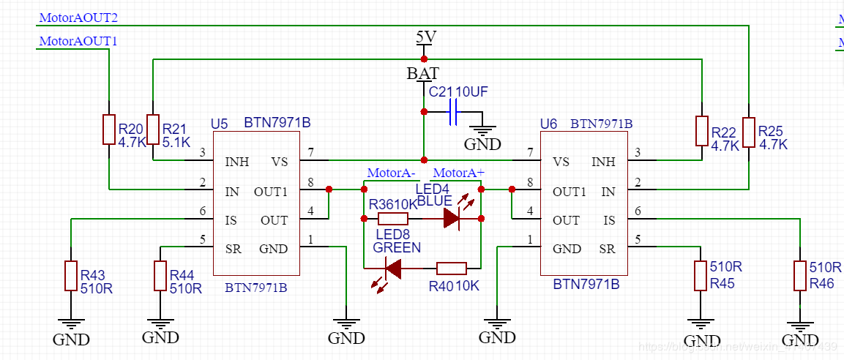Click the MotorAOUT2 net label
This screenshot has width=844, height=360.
78,17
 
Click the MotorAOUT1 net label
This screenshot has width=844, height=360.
78,42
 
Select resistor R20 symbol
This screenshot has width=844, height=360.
108,130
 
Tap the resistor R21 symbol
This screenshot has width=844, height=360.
153,130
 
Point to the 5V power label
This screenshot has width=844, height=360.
425,37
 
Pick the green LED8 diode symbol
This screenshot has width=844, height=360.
393,269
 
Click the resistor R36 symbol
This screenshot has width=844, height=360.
393,218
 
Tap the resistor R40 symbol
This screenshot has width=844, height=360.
451,269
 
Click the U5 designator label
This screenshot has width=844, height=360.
220,123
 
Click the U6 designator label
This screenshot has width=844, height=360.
548,124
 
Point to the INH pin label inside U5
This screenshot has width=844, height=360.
236,162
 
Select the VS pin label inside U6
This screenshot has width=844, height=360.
561,162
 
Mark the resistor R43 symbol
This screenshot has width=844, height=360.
71,275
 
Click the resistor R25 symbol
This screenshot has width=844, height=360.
748,132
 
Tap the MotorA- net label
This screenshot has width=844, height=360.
391,173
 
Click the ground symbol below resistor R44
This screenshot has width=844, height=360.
160,324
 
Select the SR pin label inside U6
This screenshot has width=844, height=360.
607,249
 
